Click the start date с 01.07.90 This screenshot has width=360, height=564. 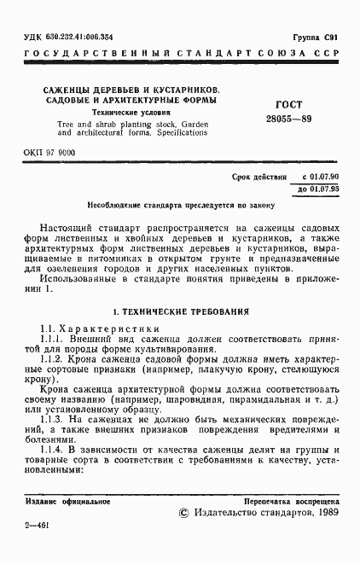coord(315,177)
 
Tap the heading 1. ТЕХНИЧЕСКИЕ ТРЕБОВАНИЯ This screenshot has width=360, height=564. coord(180,312)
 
